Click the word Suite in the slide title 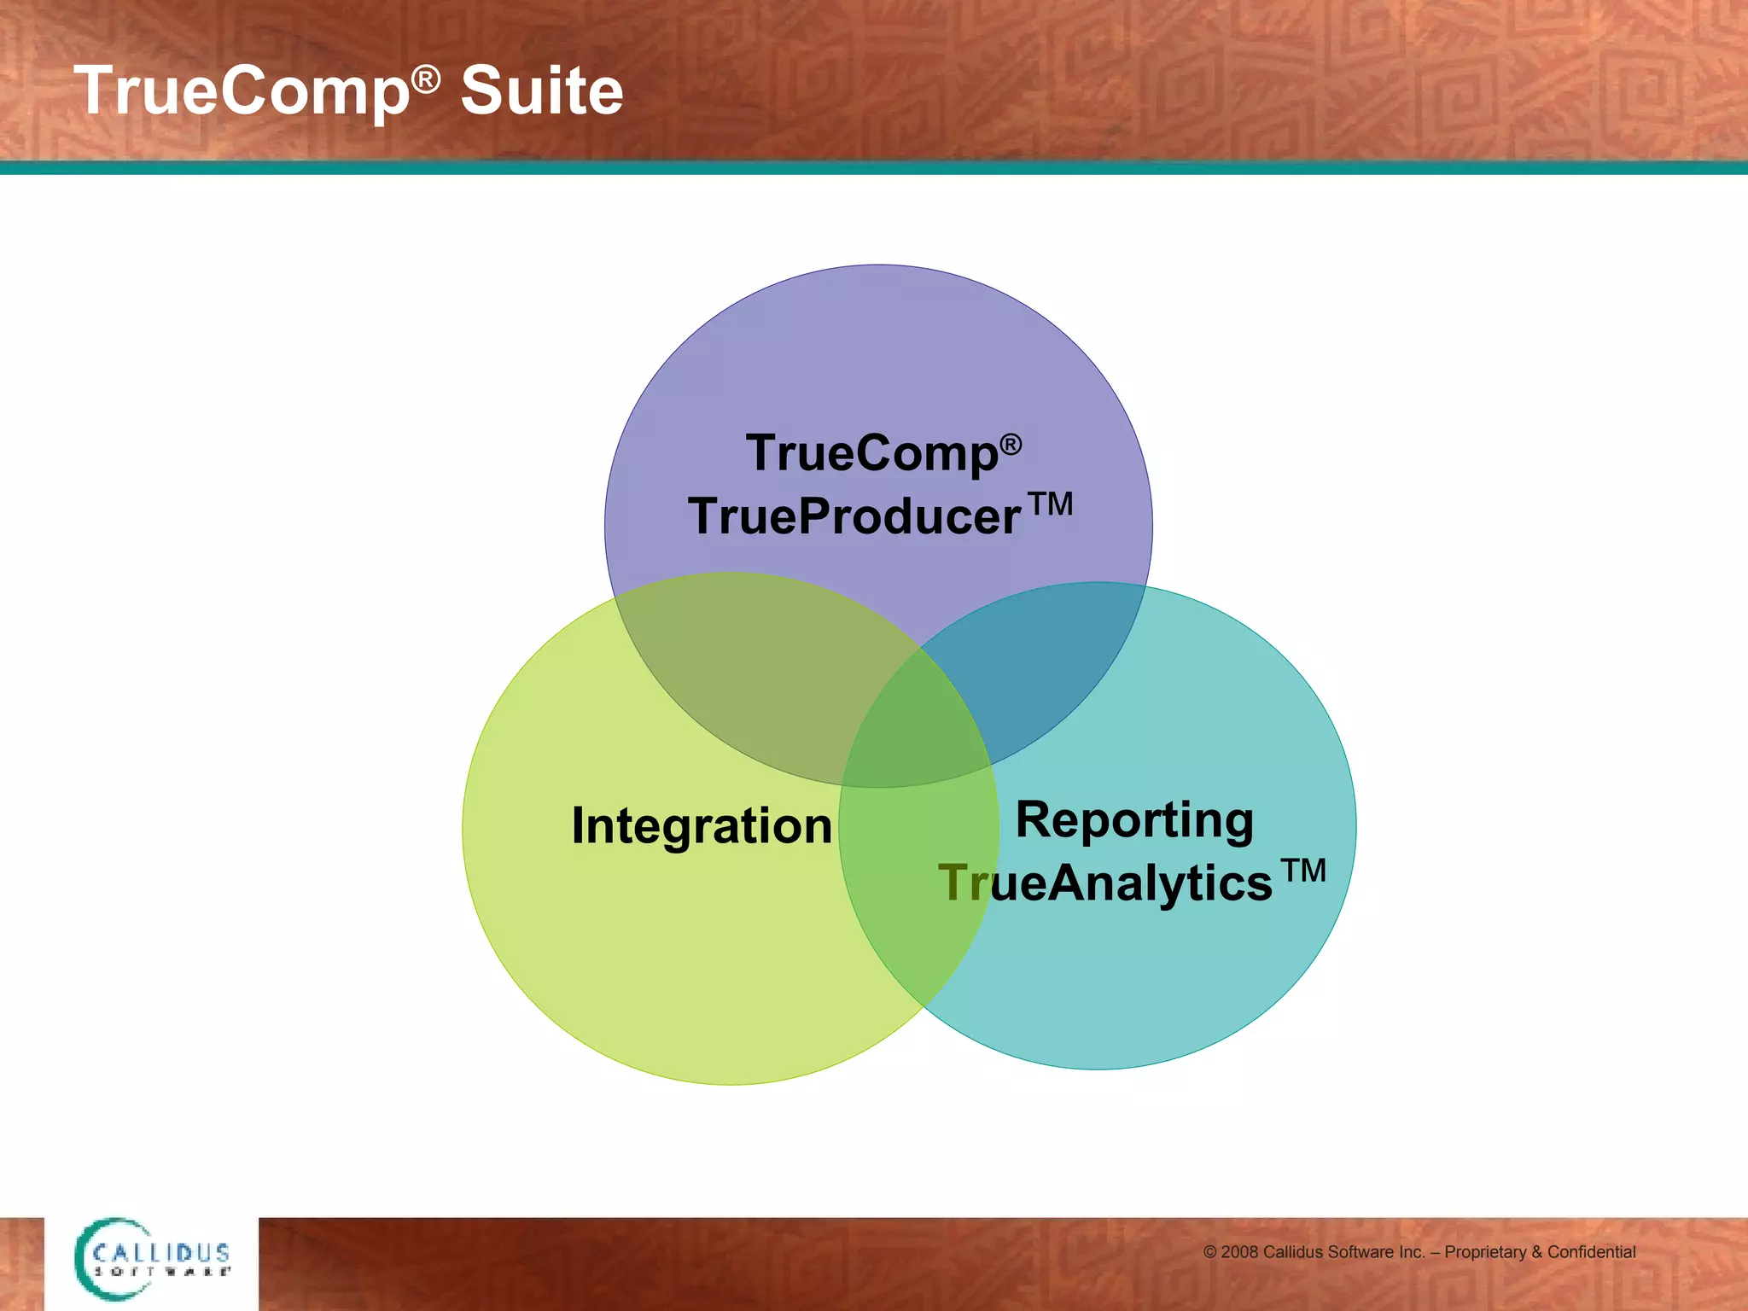pyautogui.click(x=542, y=91)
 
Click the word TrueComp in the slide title pyautogui.click(x=242, y=91)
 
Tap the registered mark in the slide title pyautogui.click(x=425, y=80)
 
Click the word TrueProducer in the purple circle pyautogui.click(x=854, y=516)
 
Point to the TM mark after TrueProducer pyautogui.click(x=1050, y=504)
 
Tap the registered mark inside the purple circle pyautogui.click(x=1011, y=444)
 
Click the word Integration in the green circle pyautogui.click(x=702, y=826)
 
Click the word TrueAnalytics pyautogui.click(x=1105, y=883)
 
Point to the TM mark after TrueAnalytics pyautogui.click(x=1303, y=871)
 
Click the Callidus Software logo pyautogui.click(x=152, y=1260)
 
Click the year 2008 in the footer pyautogui.click(x=1239, y=1252)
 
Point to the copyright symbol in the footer pyautogui.click(x=1210, y=1252)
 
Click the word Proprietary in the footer pyautogui.click(x=1485, y=1252)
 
